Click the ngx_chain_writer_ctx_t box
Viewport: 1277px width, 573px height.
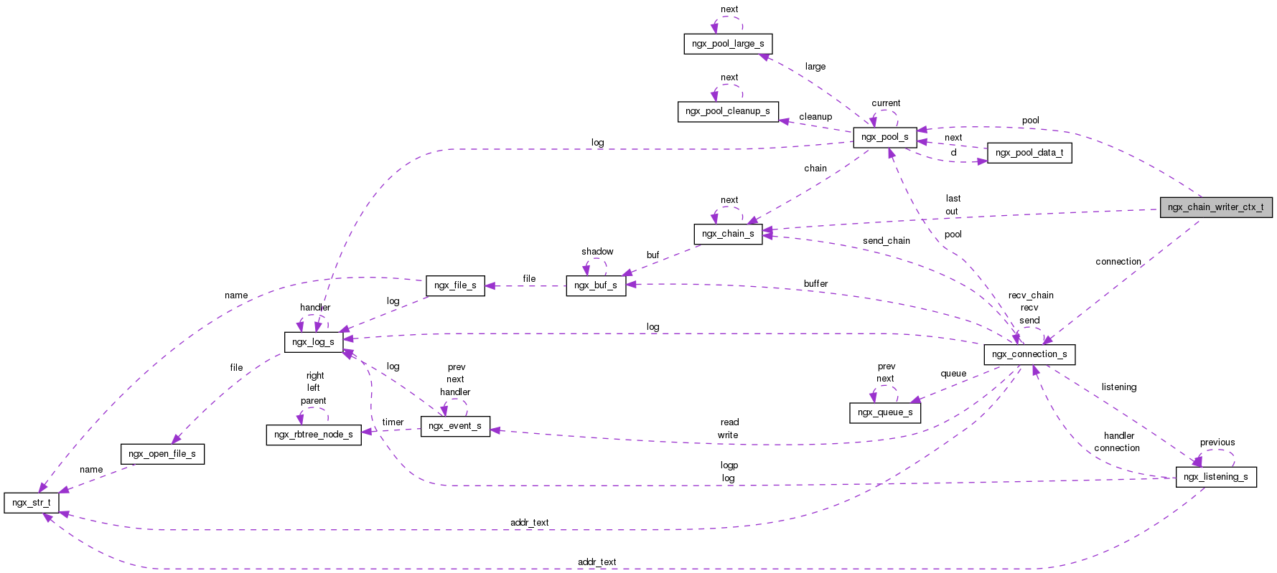click(1215, 207)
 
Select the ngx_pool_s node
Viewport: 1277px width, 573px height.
click(884, 137)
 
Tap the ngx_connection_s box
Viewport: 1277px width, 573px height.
click(1029, 354)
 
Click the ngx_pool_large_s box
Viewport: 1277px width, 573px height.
click(727, 44)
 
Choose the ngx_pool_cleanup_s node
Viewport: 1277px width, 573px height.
click(727, 111)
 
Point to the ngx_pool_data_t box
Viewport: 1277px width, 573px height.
click(1029, 153)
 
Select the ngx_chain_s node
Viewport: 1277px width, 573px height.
click(727, 234)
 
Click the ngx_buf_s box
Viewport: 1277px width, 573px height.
click(595, 285)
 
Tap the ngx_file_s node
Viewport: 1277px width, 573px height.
click(455, 285)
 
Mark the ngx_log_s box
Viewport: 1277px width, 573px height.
click(313, 342)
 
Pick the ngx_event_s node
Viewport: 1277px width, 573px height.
click(455, 426)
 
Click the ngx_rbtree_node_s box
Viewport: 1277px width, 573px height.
click(313, 435)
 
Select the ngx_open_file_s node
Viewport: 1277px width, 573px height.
click(162, 454)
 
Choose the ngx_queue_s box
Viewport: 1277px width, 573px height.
click(884, 412)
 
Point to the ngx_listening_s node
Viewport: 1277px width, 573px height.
click(1215, 477)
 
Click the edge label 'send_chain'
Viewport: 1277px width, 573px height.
click(886, 241)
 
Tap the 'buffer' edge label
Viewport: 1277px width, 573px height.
click(815, 284)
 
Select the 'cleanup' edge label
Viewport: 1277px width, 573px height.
click(815, 117)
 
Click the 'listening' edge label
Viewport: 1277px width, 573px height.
click(1118, 387)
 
